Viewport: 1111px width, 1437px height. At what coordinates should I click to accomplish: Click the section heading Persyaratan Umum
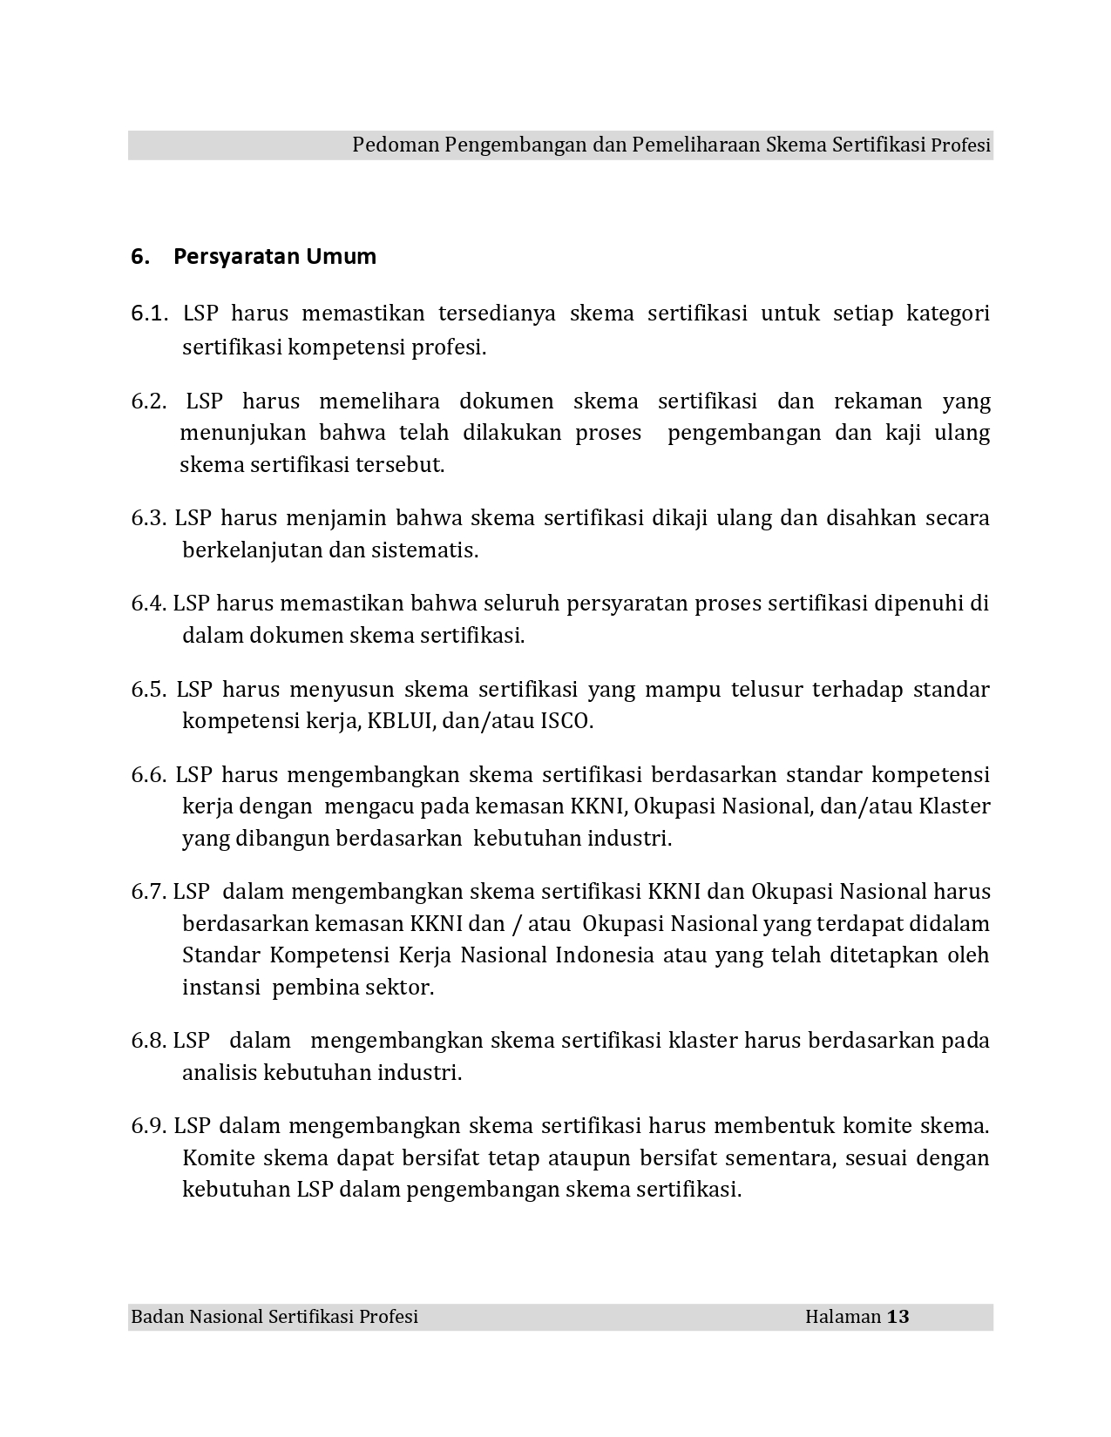(274, 257)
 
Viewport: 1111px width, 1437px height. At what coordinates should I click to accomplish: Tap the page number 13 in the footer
(898, 1316)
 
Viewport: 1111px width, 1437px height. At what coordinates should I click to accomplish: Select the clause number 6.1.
(148, 314)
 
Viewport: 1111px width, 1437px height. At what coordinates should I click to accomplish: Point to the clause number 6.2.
(149, 401)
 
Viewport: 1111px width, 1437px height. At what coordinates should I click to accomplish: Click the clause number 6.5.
(149, 690)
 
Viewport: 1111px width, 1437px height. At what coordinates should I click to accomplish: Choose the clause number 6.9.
(148, 1126)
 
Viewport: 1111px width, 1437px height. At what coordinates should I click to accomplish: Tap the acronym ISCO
(566, 722)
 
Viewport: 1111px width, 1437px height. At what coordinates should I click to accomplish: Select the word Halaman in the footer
(843, 1316)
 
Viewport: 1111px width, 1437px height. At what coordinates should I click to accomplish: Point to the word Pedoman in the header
(396, 145)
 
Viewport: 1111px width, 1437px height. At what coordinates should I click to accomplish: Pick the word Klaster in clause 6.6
(954, 806)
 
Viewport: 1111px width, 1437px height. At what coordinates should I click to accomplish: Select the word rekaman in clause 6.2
(877, 401)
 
